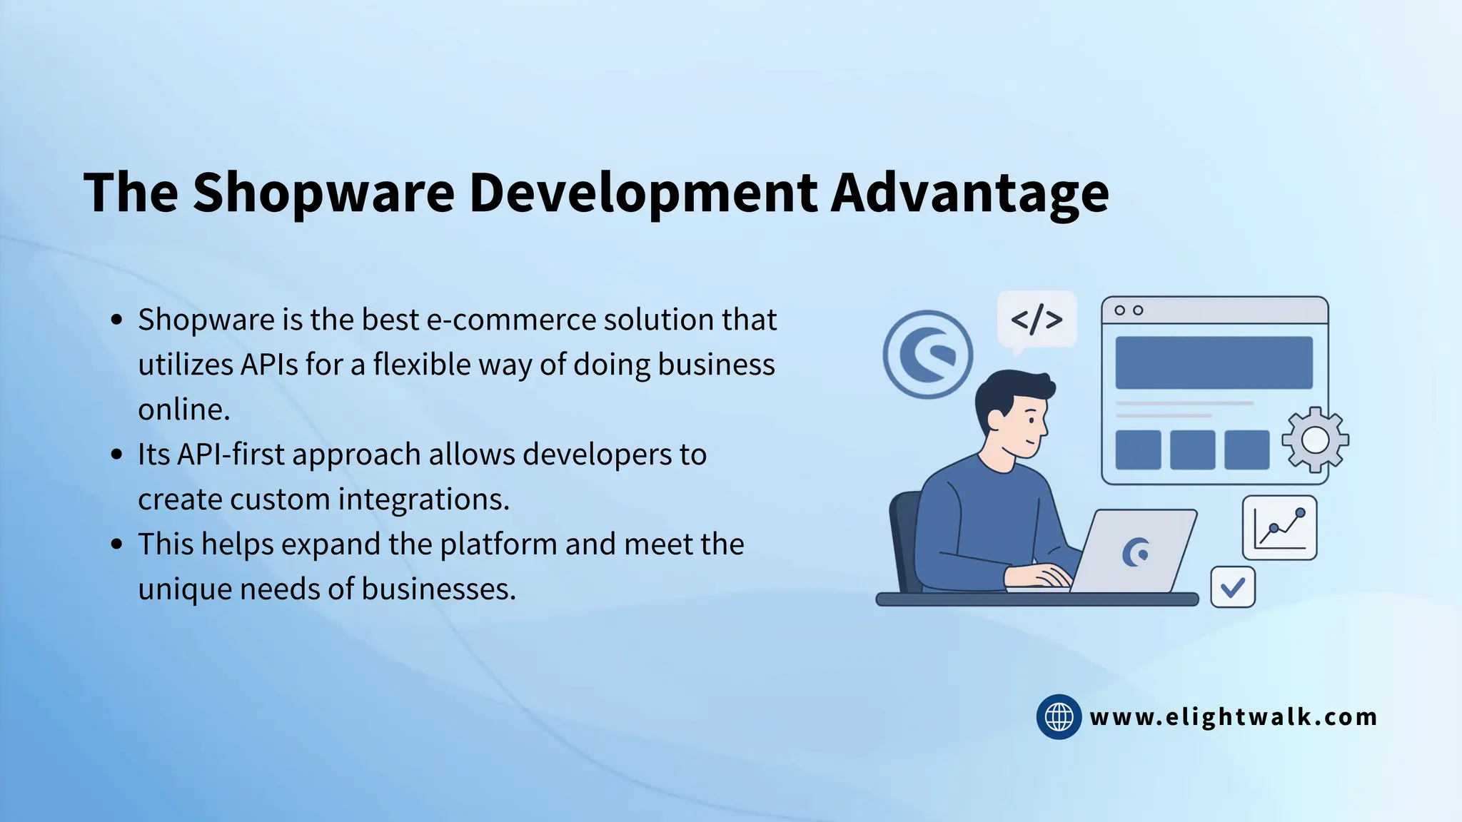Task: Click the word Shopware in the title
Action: click(x=323, y=193)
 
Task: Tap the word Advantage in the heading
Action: click(x=969, y=193)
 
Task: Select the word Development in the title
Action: click(x=642, y=193)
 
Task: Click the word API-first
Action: click(x=231, y=455)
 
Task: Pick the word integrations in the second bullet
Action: click(x=423, y=499)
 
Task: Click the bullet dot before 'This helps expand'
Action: click(x=118, y=544)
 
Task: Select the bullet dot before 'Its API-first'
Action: click(x=118, y=455)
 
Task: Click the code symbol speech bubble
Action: click(x=1037, y=320)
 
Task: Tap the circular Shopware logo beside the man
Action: click(x=927, y=355)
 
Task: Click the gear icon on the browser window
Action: click(x=1315, y=440)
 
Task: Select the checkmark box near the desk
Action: click(x=1233, y=587)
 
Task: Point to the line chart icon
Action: click(x=1279, y=528)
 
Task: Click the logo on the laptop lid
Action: click(x=1135, y=552)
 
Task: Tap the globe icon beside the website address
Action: click(x=1059, y=716)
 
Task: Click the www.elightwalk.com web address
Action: click(x=1234, y=716)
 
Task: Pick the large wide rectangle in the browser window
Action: click(x=1214, y=362)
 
